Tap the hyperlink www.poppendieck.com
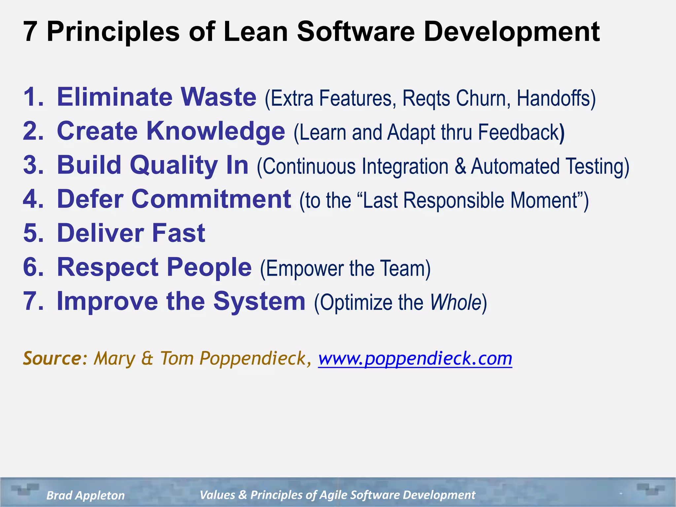415,358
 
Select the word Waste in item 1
219,97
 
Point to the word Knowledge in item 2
216,131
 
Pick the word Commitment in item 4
211,199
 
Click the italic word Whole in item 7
456,302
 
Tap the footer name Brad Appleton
85,495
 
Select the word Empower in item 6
304,268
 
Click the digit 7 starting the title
30,32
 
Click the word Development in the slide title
511,32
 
